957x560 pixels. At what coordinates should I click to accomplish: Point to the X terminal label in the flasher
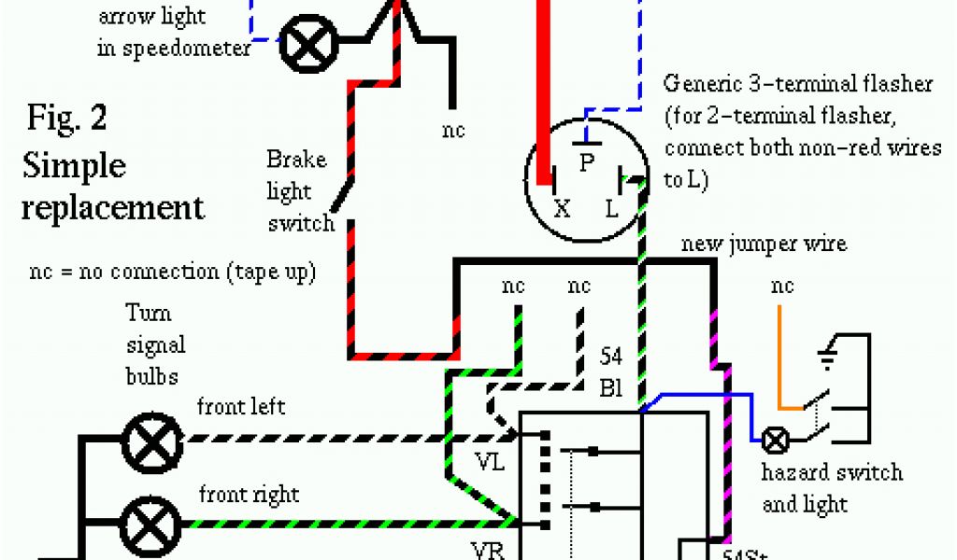(562, 209)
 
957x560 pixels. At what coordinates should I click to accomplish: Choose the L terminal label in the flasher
(612, 209)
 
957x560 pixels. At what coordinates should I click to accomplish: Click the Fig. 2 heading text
(66, 119)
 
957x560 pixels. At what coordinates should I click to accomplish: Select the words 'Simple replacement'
(112, 186)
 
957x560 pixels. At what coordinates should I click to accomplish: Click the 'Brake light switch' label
(299, 191)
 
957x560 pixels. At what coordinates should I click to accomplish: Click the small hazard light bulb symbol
(775, 439)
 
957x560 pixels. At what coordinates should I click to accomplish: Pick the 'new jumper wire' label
(764, 245)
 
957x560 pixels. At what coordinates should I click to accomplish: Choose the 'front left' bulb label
(240, 407)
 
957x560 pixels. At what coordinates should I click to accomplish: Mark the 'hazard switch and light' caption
(832, 487)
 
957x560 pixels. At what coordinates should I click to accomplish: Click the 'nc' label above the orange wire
(781, 286)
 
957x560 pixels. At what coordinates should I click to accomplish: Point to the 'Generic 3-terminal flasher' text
(798, 84)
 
